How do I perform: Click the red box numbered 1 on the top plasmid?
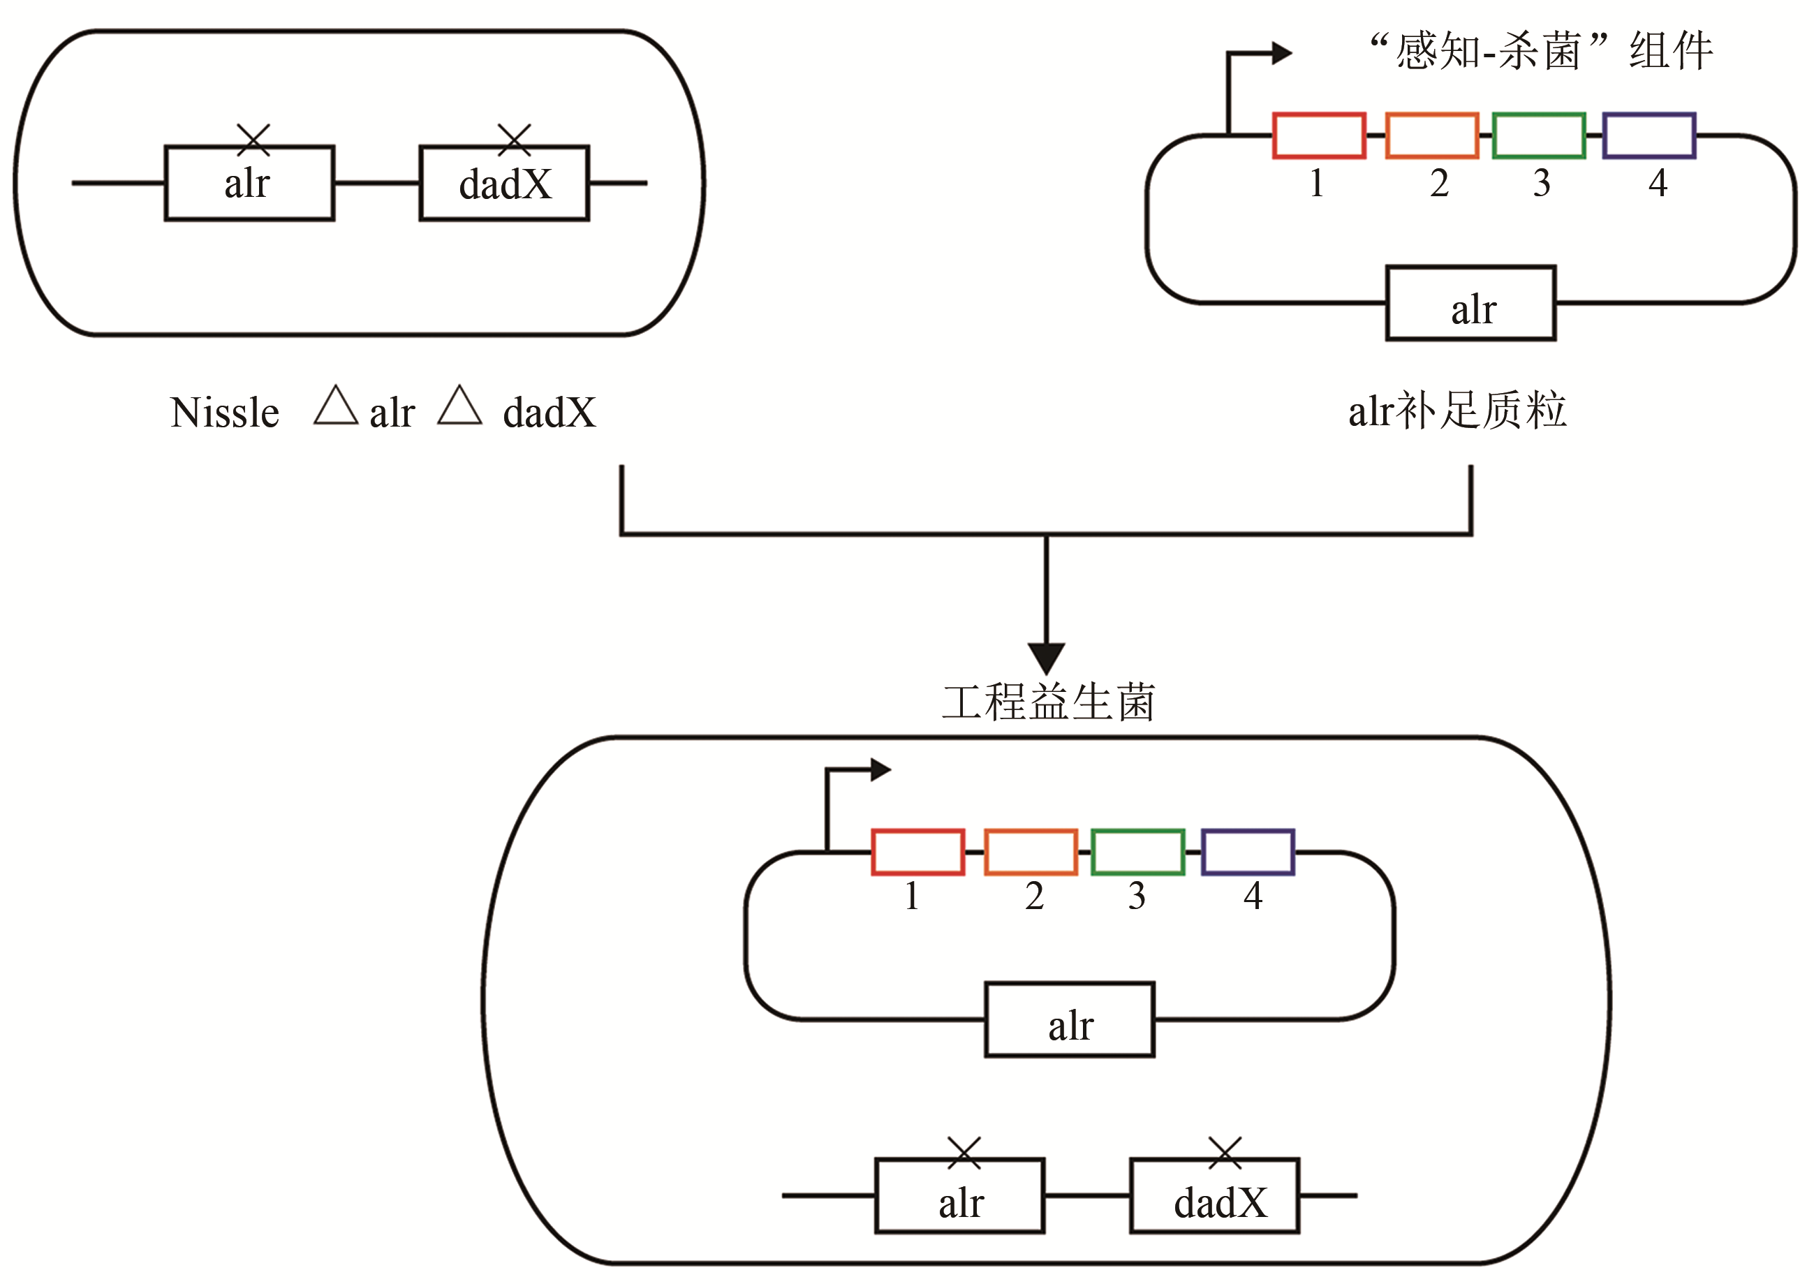(x=1318, y=135)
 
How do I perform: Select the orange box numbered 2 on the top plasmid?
(x=1431, y=135)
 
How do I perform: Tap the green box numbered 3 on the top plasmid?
(x=1538, y=135)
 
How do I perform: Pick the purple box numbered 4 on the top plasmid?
(x=1649, y=135)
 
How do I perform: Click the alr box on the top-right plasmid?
(x=1470, y=304)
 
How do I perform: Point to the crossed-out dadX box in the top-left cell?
(x=505, y=184)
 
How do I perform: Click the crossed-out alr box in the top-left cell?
(x=249, y=184)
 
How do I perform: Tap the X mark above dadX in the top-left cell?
(x=514, y=140)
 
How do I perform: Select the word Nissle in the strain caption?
(x=225, y=413)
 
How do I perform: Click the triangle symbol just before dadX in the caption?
(x=459, y=406)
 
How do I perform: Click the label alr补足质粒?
(x=1457, y=411)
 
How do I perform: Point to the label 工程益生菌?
(x=1048, y=702)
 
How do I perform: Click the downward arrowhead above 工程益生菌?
(x=1046, y=658)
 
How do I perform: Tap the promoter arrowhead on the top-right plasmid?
(x=1281, y=54)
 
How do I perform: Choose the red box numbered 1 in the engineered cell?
(x=917, y=853)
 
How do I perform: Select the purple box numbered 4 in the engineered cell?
(x=1248, y=853)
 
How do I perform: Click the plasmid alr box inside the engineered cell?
(x=1069, y=1019)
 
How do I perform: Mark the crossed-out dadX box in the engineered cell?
(x=1215, y=1195)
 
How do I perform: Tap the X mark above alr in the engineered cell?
(x=964, y=1153)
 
